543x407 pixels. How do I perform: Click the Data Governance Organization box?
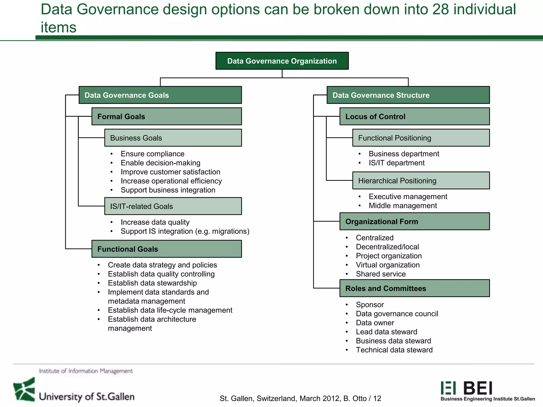(x=282, y=61)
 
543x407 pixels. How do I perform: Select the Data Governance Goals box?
(x=160, y=95)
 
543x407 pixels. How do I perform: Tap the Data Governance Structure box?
(x=408, y=95)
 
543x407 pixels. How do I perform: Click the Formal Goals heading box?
(x=167, y=117)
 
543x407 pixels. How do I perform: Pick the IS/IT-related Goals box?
(x=173, y=206)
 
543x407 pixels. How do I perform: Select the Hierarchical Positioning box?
(x=421, y=181)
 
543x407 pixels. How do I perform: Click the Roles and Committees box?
(x=414, y=288)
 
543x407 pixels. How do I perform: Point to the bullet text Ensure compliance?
(x=152, y=154)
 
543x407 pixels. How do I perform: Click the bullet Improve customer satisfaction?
(x=170, y=172)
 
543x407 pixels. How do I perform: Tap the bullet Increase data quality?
(x=155, y=222)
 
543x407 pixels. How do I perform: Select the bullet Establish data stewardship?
(x=152, y=283)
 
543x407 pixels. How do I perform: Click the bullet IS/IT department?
(x=396, y=163)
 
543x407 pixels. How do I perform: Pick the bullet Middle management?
(x=402, y=206)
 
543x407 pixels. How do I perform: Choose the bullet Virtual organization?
(x=388, y=265)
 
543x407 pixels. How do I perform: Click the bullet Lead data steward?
(x=386, y=332)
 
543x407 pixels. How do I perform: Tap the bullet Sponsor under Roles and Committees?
(x=370, y=305)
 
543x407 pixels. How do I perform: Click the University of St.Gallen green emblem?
(x=24, y=390)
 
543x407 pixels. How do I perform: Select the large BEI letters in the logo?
(x=478, y=388)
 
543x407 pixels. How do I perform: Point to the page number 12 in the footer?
(x=377, y=399)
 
